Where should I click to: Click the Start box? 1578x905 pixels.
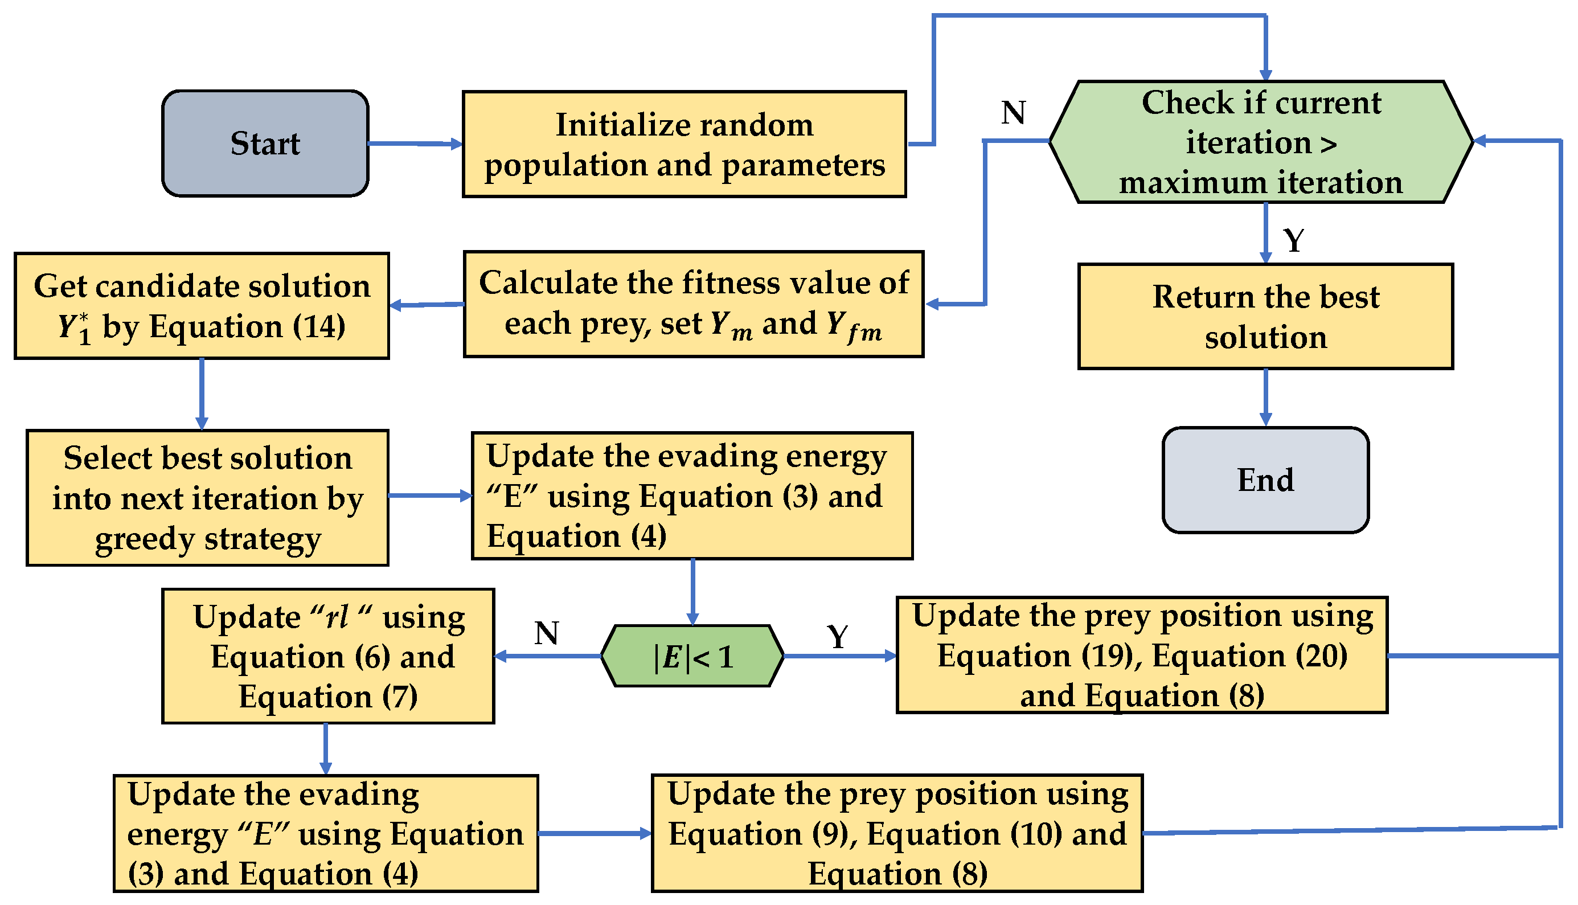pos(265,144)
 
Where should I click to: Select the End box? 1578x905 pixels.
pos(1265,481)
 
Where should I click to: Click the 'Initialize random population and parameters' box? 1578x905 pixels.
pos(684,144)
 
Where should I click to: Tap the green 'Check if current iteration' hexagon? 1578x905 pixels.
pos(1260,142)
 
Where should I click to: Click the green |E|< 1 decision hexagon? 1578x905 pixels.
pos(692,656)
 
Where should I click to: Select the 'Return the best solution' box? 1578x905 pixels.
pos(1265,316)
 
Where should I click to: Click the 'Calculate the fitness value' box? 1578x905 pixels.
pos(693,305)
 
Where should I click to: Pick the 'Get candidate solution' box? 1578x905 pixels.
pos(202,306)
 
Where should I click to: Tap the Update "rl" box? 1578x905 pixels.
pos(328,656)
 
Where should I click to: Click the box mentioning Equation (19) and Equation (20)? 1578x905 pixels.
pos(1142,655)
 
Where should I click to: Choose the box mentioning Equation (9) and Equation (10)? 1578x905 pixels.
pos(897,833)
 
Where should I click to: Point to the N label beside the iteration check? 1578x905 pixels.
pos(1013,113)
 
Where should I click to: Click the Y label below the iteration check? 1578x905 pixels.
pos(1294,240)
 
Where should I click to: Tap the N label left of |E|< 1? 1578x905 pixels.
pos(546,633)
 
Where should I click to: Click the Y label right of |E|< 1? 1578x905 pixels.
pos(837,637)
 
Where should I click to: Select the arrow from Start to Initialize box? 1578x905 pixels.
pos(415,144)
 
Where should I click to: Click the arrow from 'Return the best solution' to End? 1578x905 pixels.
pos(1265,398)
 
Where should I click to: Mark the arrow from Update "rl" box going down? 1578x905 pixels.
pos(325,749)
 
